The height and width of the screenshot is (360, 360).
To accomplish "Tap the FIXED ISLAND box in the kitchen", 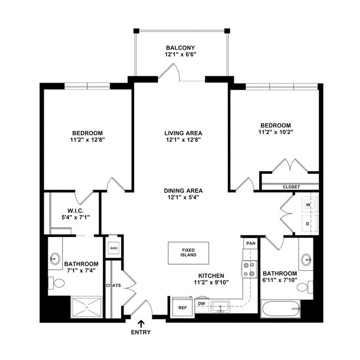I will (x=188, y=253).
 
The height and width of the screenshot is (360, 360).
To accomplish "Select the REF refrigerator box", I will (x=182, y=306).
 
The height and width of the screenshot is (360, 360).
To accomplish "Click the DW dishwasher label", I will (x=202, y=303).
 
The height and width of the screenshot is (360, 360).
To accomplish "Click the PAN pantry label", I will (x=250, y=243).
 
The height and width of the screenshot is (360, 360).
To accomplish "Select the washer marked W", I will (x=308, y=205).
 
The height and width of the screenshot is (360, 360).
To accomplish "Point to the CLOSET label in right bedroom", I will (x=291, y=187).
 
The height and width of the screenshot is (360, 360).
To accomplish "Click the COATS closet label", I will (x=114, y=285).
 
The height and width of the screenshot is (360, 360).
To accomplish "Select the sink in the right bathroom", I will (x=306, y=259).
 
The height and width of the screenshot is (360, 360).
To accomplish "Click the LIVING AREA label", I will (x=183, y=133).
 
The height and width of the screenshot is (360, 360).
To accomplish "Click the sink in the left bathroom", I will (x=55, y=258).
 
